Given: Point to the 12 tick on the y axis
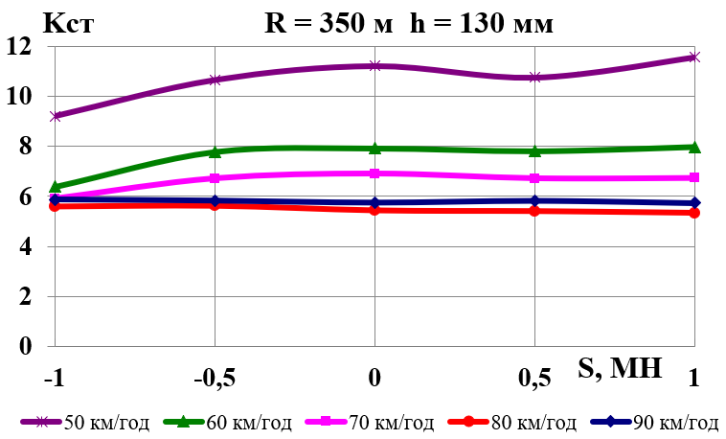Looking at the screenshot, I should coord(28,46).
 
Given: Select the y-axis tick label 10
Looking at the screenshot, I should coord(28,96).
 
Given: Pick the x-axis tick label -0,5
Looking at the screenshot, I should coord(215,379).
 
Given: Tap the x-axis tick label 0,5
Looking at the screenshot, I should coord(534,379).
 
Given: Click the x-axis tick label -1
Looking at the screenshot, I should coord(56,379).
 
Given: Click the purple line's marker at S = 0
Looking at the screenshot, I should coord(374,66).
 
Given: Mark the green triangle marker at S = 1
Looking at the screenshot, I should coord(694,147).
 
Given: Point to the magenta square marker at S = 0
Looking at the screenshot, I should coord(374,173).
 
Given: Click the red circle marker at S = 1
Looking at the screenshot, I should coord(694,213).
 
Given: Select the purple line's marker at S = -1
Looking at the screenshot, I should coord(56,116).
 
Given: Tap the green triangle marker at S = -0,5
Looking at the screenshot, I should coord(215,151).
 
